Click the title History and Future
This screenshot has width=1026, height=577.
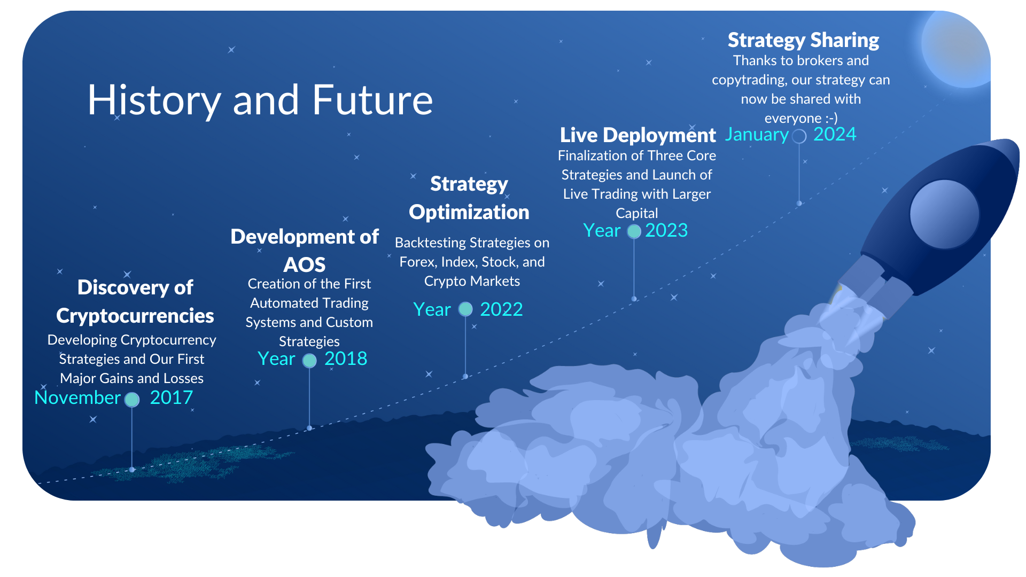[260, 100]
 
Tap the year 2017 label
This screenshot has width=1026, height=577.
[171, 397]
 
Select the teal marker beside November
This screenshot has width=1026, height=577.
[132, 400]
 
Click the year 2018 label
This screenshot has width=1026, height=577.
[346, 358]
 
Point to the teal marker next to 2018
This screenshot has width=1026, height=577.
[309, 361]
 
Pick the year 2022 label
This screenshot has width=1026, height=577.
[501, 309]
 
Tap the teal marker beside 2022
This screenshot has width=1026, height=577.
[465, 309]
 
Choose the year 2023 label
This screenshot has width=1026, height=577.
[666, 230]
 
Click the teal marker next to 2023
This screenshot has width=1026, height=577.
[634, 231]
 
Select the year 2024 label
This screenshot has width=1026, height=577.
[835, 134]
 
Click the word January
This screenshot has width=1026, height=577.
[757, 135]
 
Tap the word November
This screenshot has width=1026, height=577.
[77, 397]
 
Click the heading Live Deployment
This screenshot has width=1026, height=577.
[638, 135]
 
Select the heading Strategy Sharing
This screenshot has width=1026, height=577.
[803, 41]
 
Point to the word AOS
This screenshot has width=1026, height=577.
[304, 265]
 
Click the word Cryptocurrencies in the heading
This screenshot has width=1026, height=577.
[135, 316]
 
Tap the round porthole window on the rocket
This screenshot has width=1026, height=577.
[944, 214]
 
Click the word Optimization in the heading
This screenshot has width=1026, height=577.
[469, 213]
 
